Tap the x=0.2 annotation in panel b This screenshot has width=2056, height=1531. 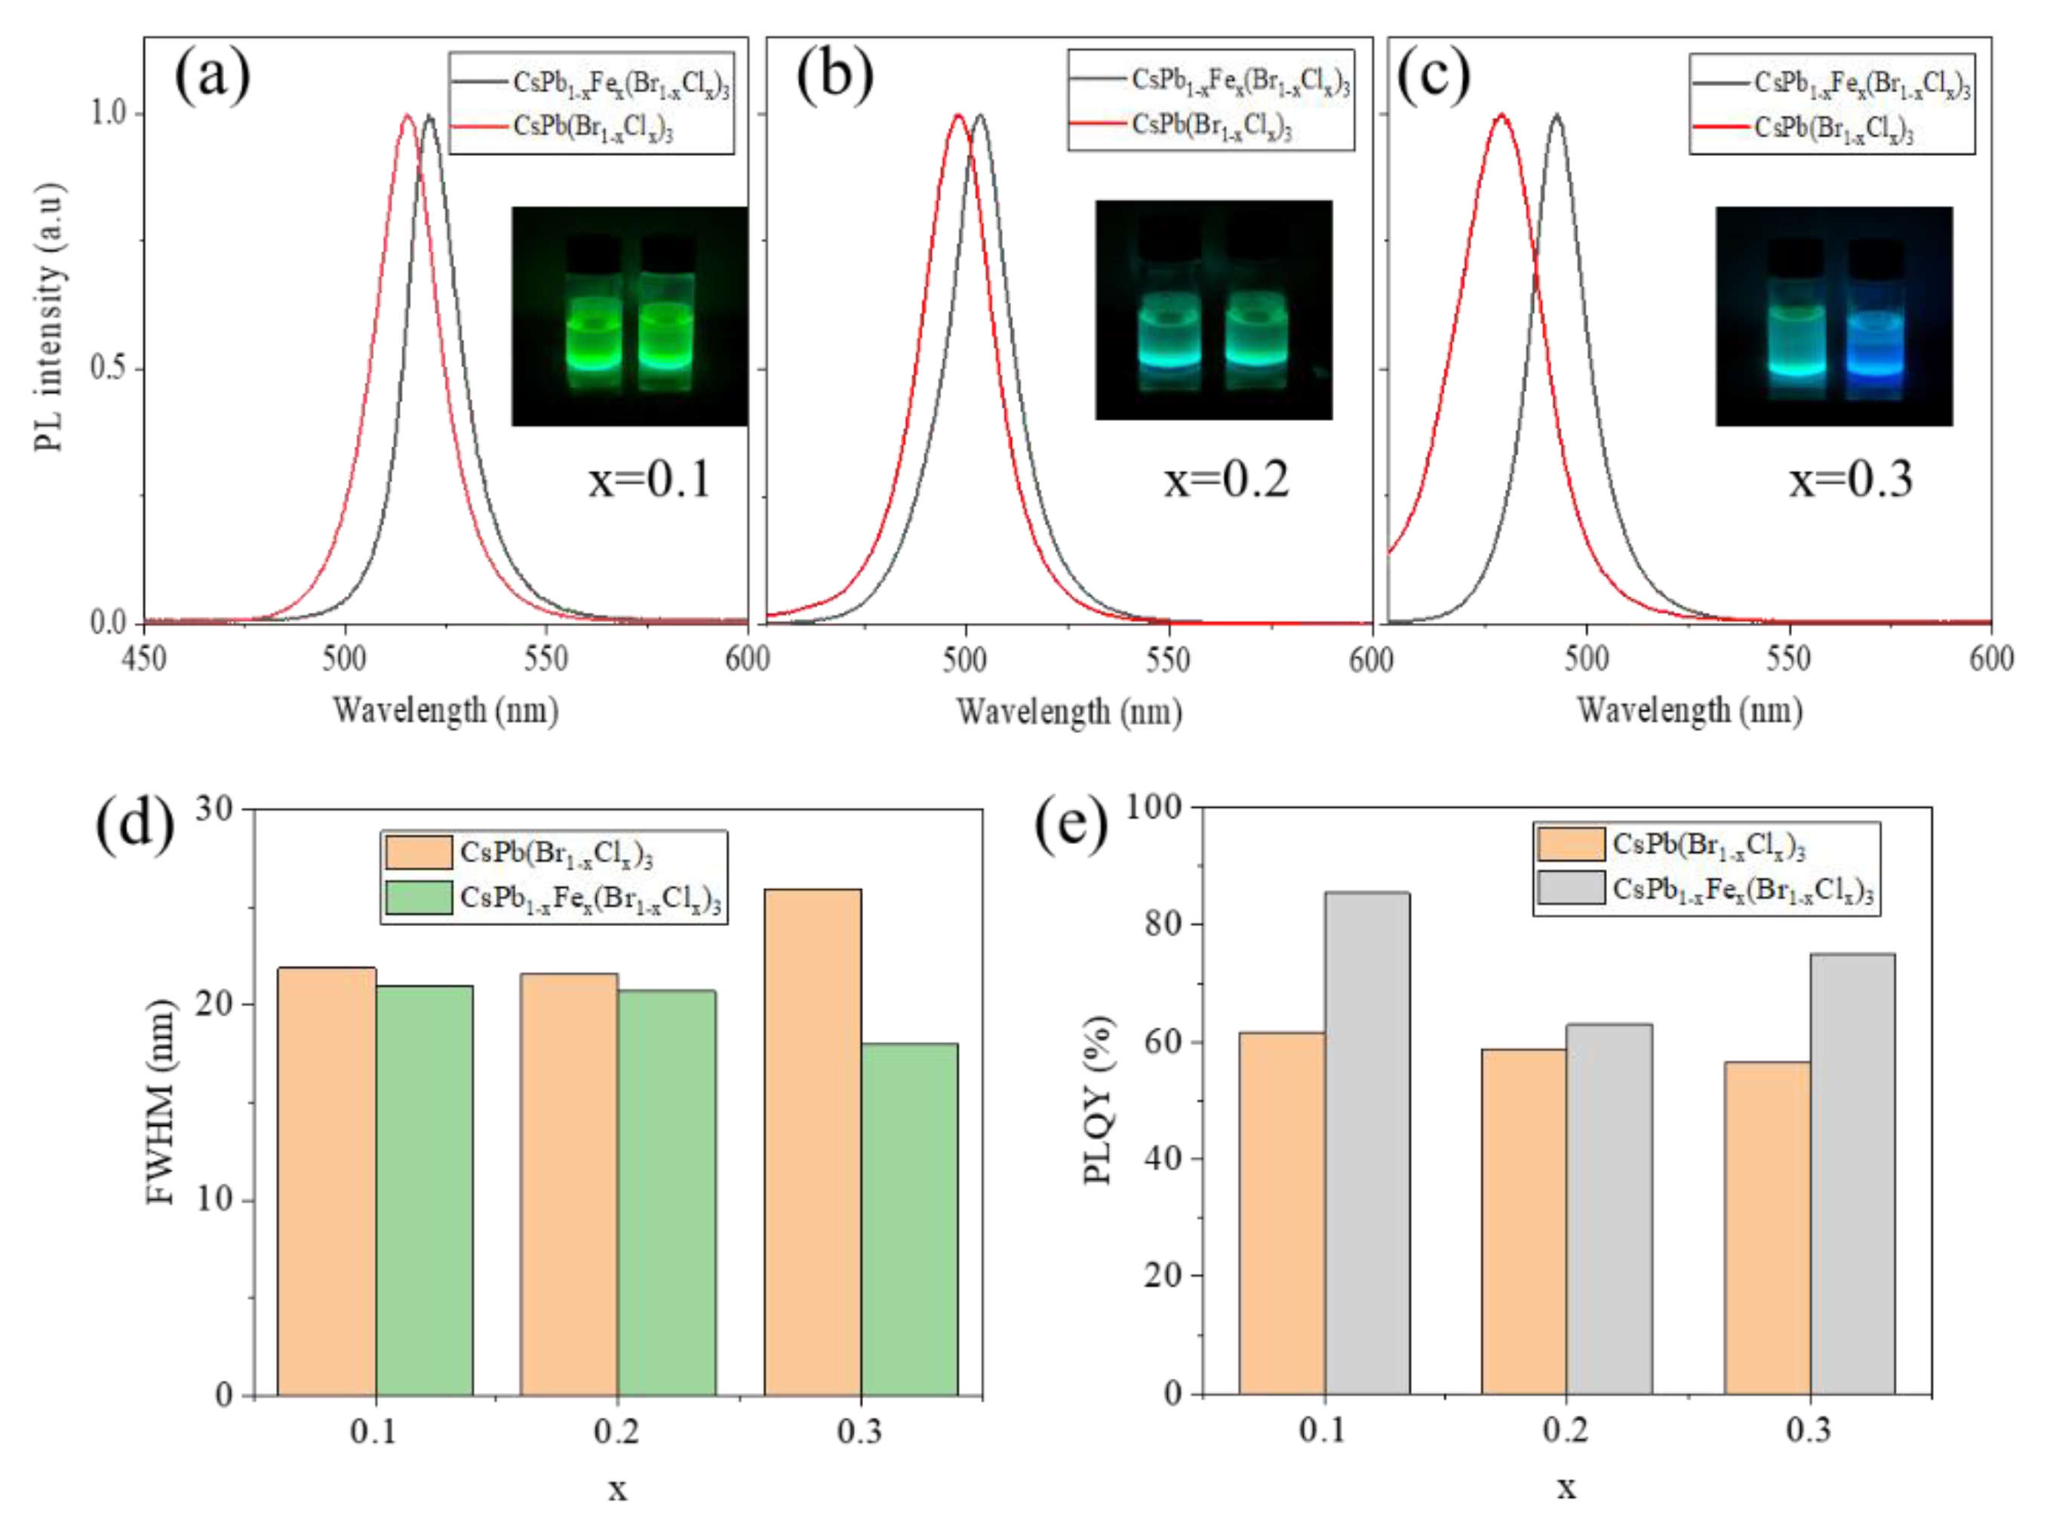pos(1226,480)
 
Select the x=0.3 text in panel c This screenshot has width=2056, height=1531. pos(1850,480)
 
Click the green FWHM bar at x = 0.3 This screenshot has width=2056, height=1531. pos(908,1219)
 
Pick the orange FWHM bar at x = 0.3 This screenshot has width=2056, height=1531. pos(812,1142)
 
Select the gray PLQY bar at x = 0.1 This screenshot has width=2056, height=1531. pos(1366,1143)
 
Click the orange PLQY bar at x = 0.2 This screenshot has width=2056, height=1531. pos(1523,1222)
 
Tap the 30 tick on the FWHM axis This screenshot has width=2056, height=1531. pos(214,809)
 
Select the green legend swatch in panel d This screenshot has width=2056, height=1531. pos(418,897)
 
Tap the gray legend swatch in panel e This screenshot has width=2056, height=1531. pos(1570,887)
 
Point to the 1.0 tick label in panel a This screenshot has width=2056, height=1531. pos(109,114)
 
